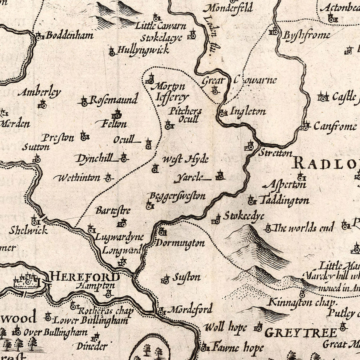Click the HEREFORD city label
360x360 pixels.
[85, 276]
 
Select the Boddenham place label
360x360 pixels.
[69, 35]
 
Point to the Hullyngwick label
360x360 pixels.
[143, 50]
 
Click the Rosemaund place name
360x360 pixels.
[113, 100]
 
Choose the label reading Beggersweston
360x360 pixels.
[177, 196]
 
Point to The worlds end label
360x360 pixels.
[304, 228]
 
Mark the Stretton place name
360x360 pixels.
[275, 153]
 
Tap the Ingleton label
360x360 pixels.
[248, 112]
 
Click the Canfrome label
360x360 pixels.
[334, 127]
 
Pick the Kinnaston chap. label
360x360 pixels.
[295, 302]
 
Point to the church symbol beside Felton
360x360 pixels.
[117, 114]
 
